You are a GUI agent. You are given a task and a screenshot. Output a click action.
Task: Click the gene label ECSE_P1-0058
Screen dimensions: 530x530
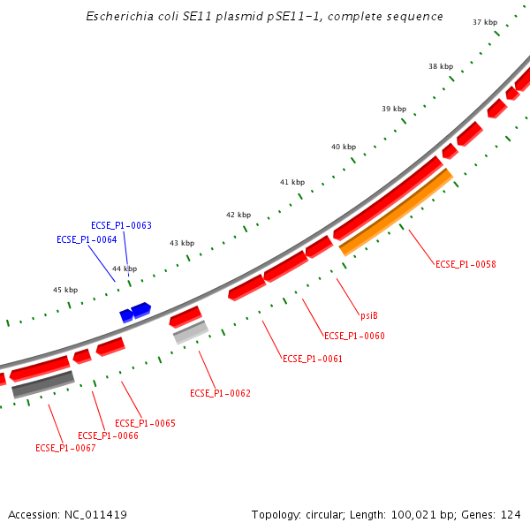466,264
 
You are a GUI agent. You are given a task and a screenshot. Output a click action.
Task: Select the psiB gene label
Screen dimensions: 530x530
369,315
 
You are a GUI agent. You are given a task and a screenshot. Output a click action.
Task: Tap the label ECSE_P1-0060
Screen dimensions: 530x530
354,336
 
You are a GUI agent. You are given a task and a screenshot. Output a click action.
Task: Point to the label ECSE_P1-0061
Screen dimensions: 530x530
312,359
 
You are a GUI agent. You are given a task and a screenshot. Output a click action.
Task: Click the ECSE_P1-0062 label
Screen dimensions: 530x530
220,393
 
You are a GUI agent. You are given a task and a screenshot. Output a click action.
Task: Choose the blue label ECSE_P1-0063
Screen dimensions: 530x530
121,225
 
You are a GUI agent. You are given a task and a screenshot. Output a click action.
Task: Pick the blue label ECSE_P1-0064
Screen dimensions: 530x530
87,239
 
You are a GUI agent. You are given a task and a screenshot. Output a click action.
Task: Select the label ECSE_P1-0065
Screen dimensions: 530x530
145,423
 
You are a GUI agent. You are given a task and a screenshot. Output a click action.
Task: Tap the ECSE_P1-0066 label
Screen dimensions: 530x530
108,435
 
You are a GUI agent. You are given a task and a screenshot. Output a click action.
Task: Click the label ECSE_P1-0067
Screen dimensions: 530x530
65,448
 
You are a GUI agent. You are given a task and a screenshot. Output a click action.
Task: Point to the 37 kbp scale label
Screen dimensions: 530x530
485,22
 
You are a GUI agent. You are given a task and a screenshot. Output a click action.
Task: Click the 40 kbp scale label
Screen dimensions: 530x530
344,147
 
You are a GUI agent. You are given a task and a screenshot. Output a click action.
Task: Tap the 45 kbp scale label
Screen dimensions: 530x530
65,290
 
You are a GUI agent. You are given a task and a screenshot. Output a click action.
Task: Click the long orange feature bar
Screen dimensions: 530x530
397,212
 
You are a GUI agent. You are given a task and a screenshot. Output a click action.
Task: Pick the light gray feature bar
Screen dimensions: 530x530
190,332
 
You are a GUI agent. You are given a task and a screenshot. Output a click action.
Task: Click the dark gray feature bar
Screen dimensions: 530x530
42,384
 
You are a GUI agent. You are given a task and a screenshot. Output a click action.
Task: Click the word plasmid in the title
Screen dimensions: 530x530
227,17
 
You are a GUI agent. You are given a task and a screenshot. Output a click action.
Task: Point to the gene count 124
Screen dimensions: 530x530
511,514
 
